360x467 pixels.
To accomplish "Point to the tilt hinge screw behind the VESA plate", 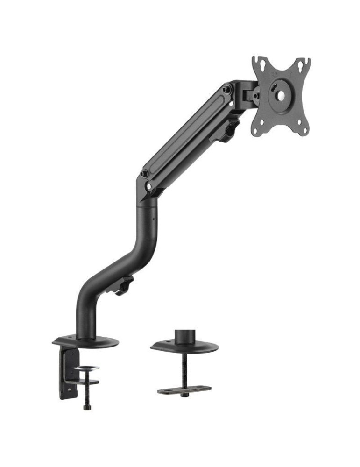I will [x=255, y=96].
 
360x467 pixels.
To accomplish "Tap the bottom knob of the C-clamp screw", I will [x=87, y=407].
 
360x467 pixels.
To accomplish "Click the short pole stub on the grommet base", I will [x=185, y=337].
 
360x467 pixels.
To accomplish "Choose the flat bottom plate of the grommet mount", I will [x=184, y=389].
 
